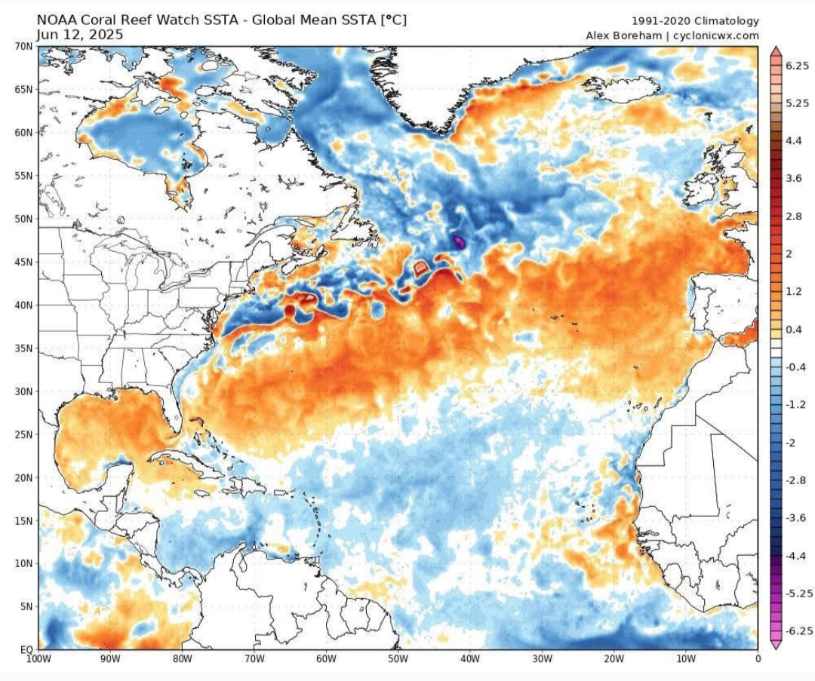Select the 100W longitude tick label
pyautogui.click(x=38, y=659)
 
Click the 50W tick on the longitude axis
pyautogui.click(x=398, y=659)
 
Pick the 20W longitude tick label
pyautogui.click(x=614, y=659)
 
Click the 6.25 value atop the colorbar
pyautogui.click(x=798, y=66)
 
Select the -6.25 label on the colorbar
pyautogui.click(x=798, y=631)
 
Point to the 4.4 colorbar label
pyautogui.click(x=793, y=141)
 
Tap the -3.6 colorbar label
pyautogui.click(x=795, y=518)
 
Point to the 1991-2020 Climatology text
pyautogui.click(x=695, y=21)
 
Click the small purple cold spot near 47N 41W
pyautogui.click(x=458, y=242)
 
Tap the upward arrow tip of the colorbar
pyautogui.click(x=775, y=49)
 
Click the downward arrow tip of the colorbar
pyautogui.click(x=775, y=646)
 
